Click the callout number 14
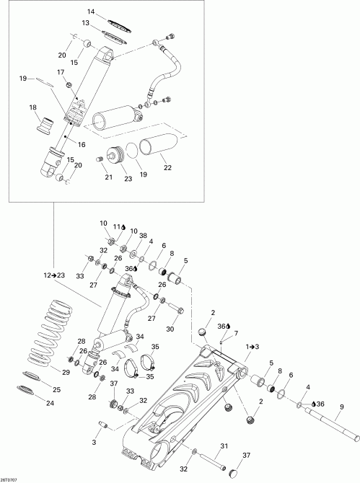pos(91,12)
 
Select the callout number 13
pos(85,24)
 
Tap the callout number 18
pos(32,107)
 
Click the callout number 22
pos(167,168)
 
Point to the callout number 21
pos(109,177)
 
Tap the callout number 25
pos(56,390)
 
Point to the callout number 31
pos(224,446)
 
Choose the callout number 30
pos(171,329)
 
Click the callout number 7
pos(235,332)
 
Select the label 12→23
pos(55,275)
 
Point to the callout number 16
pos(82,145)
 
